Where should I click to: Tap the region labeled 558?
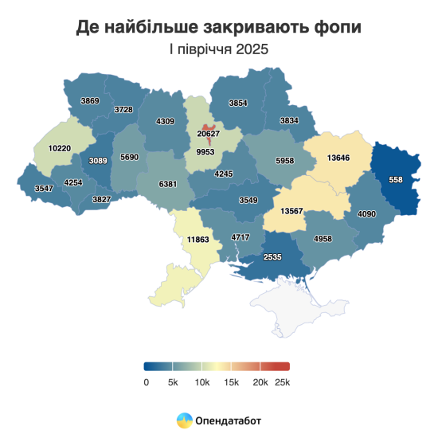[x=395, y=180]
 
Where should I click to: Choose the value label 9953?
[x=206, y=150]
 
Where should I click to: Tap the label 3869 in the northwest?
[x=90, y=101]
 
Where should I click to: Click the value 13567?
[x=296, y=210]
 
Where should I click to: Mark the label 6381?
[x=169, y=183]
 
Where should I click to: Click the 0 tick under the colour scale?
[x=146, y=382]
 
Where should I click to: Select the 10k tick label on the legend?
[x=201, y=382]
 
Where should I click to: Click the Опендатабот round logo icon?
[x=184, y=419]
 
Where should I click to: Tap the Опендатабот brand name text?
[x=228, y=419]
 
